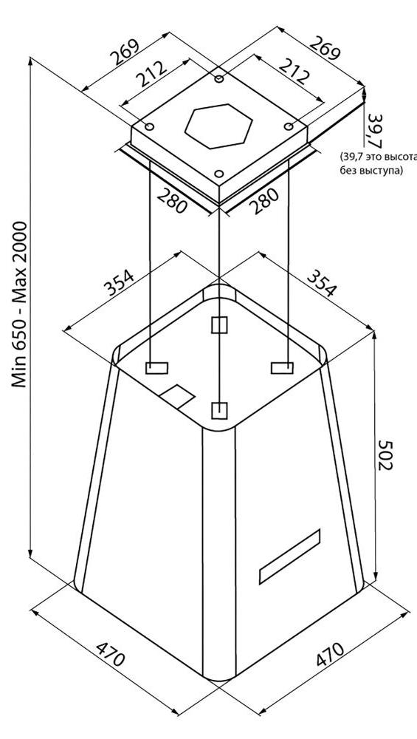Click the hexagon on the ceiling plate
click(x=219, y=126)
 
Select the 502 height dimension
click(x=385, y=455)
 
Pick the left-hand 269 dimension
click(x=125, y=52)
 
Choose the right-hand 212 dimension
click(x=294, y=71)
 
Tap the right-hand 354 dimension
click(x=323, y=282)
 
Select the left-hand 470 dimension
click(x=111, y=653)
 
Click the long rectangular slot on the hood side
click(x=290, y=556)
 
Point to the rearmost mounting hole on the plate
click(x=219, y=79)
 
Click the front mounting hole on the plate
click(x=219, y=174)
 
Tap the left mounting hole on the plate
click(x=150, y=127)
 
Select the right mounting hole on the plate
click(x=289, y=126)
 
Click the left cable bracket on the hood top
click(x=156, y=368)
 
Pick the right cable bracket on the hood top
click(x=283, y=367)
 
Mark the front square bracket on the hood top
click(x=219, y=410)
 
